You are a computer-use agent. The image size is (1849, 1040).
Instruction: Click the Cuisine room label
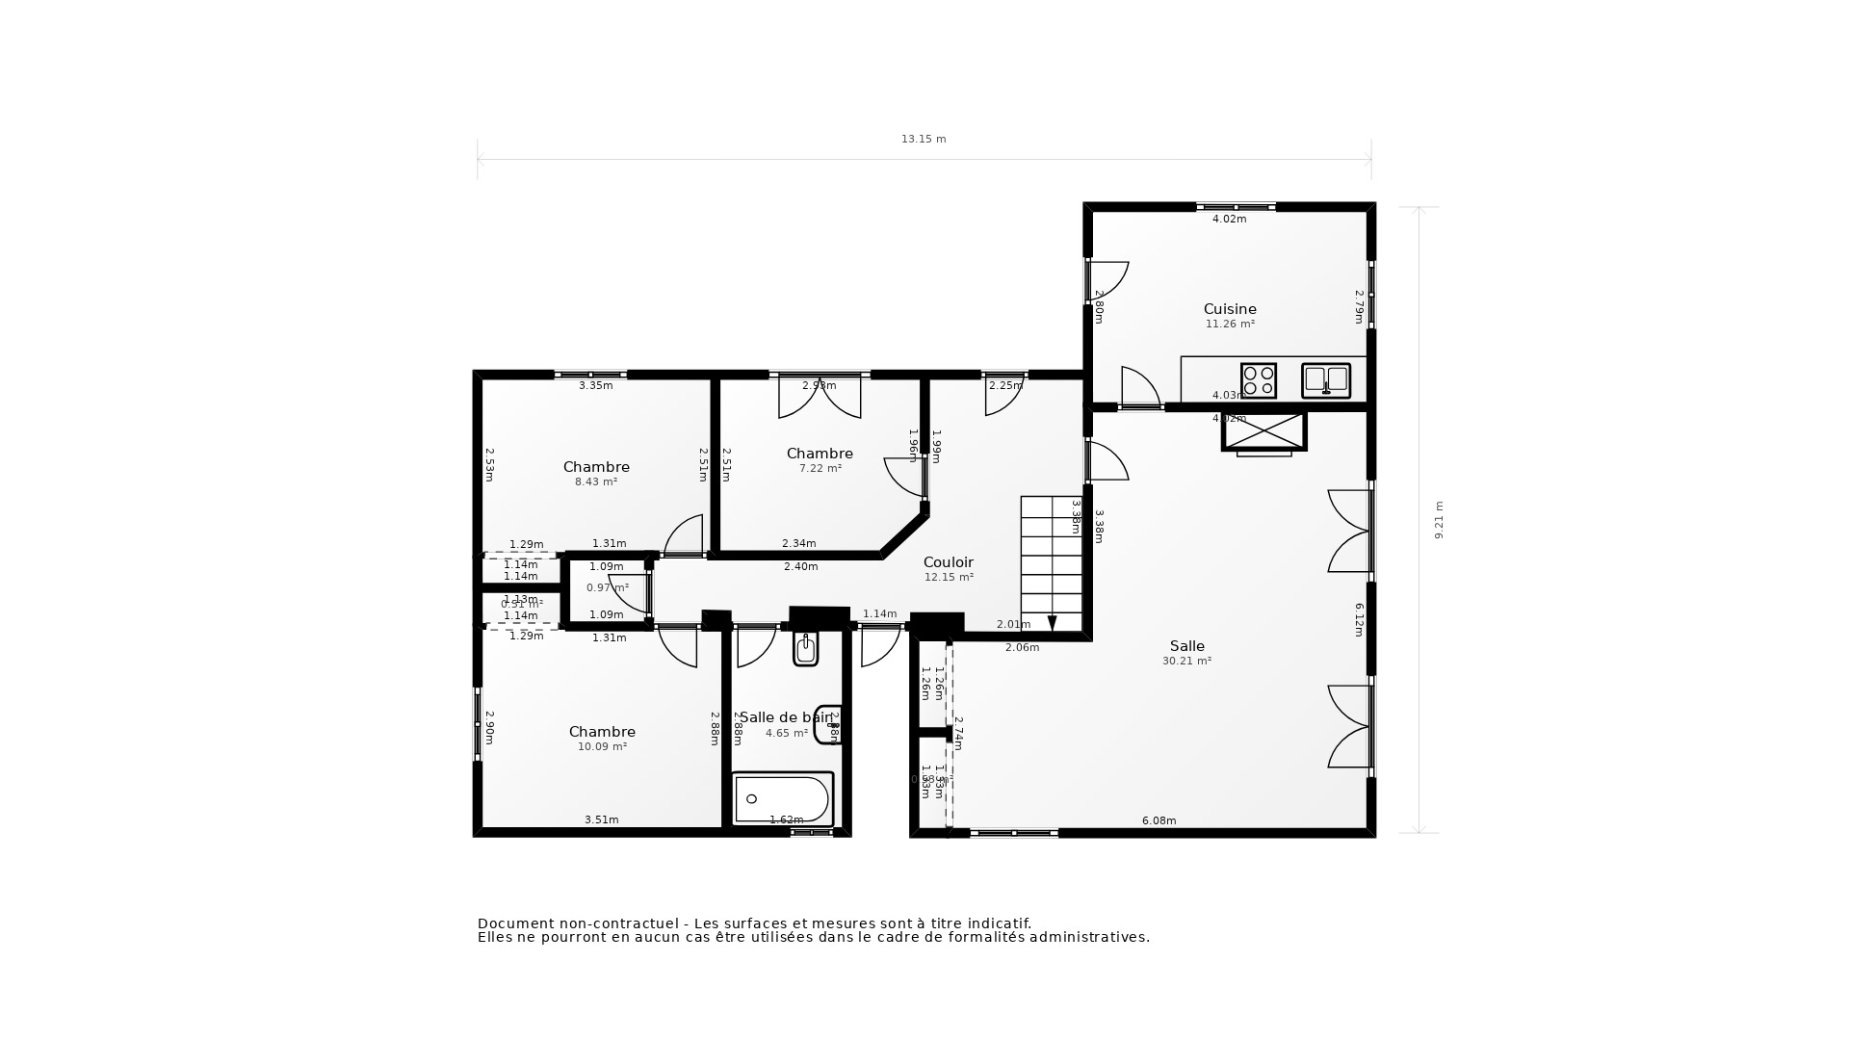click(1230, 309)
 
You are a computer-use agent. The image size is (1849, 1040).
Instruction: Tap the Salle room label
click(1186, 646)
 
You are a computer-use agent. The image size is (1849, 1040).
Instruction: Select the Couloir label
click(948, 562)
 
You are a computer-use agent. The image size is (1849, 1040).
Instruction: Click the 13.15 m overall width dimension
click(924, 140)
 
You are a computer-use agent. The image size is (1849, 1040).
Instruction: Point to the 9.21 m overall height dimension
click(1440, 520)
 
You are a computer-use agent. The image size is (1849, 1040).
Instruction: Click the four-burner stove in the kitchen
click(1258, 380)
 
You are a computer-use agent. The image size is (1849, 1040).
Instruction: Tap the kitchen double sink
click(1326, 380)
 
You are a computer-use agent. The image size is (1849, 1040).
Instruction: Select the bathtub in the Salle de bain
click(782, 799)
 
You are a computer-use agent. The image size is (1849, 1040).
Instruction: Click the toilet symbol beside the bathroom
click(806, 649)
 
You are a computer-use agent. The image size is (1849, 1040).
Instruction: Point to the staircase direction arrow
click(1052, 623)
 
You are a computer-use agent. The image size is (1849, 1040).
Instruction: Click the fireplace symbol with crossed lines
click(1263, 431)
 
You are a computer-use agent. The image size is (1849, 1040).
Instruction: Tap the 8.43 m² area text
click(596, 481)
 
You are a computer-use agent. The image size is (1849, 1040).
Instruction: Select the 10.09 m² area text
click(602, 746)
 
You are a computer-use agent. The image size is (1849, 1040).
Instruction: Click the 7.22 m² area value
click(820, 468)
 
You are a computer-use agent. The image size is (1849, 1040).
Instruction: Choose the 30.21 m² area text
click(1186, 662)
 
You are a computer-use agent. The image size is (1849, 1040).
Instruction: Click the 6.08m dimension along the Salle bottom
click(1159, 821)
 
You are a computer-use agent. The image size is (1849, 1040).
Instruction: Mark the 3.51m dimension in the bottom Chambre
click(601, 820)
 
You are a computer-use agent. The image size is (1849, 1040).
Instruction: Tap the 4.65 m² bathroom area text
click(787, 733)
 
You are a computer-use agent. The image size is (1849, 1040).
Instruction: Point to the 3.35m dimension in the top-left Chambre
click(595, 386)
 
